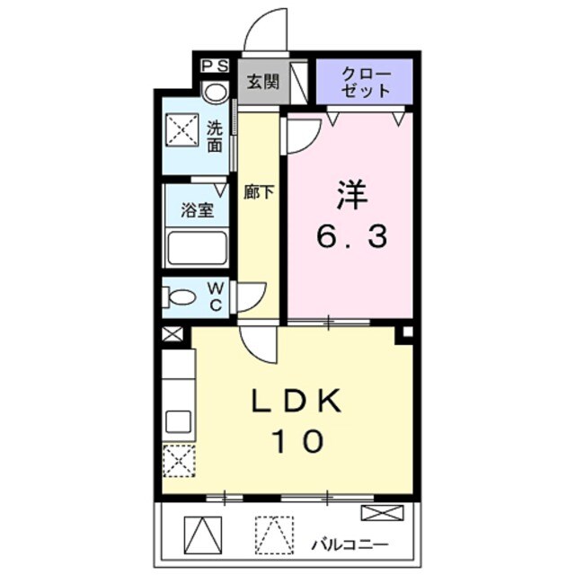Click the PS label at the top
pos(215,66)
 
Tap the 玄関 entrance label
pos(263,81)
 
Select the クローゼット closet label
pos(365,81)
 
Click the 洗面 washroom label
pos(215,136)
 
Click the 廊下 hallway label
pos(259,191)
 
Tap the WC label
pos(217,296)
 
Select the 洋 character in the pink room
pos(352,194)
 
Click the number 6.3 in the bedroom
pos(352,237)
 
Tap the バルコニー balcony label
pos(349,544)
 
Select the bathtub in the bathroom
pos(196,247)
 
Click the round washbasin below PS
pos(215,92)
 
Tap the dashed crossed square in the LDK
pos(177,462)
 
